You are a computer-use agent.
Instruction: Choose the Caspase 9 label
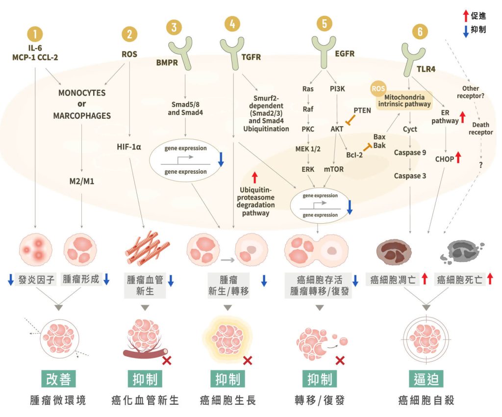point(410,153)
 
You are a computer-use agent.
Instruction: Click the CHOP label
point(444,158)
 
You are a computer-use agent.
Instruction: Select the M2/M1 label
point(81,181)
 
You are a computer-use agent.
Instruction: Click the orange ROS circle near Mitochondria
point(378,89)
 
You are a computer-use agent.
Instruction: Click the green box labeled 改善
point(58,379)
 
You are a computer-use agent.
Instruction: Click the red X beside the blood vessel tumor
point(167,361)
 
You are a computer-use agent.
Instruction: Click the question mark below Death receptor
point(481,165)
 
